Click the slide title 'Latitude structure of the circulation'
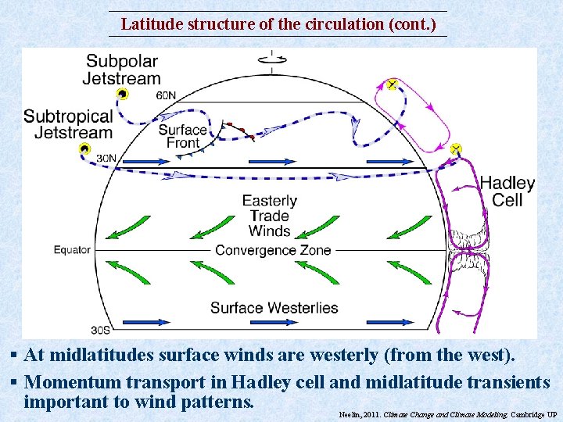click(x=278, y=24)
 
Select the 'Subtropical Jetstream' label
click(x=68, y=124)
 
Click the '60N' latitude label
click(x=166, y=95)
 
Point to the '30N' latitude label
click(x=106, y=158)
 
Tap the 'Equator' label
click(x=72, y=250)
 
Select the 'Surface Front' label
click(x=182, y=136)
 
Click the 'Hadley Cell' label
click(x=507, y=191)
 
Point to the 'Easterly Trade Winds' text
click(x=269, y=216)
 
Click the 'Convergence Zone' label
click(x=273, y=250)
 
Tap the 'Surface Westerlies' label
click(x=274, y=307)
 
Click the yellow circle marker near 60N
click(x=122, y=94)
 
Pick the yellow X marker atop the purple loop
click(x=392, y=84)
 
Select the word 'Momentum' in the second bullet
click(x=70, y=382)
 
